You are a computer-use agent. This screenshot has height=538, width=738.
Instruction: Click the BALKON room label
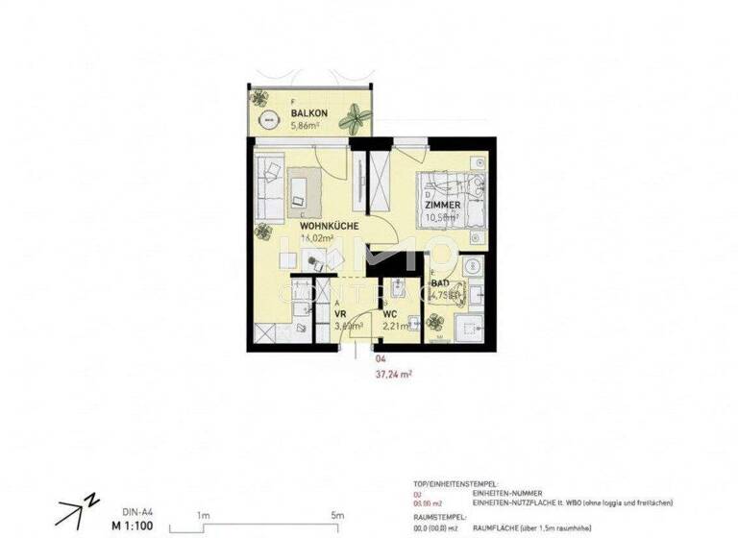click(309, 113)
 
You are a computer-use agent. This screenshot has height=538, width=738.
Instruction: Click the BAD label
click(440, 284)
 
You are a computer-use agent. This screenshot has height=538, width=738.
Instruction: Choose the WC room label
click(390, 314)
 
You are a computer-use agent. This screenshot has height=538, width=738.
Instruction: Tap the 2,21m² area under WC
click(397, 327)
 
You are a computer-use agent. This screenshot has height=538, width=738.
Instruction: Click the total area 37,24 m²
click(394, 375)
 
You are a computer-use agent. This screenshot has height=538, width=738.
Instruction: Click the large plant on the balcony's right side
click(358, 119)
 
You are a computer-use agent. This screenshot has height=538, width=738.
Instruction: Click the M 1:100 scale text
click(132, 526)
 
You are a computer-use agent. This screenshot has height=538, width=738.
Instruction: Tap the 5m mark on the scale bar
click(337, 515)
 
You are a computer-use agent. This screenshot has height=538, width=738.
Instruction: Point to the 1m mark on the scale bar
click(204, 515)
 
